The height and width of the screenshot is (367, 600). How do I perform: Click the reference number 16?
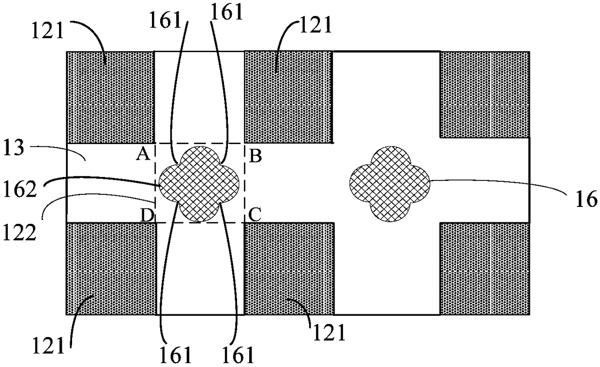587,200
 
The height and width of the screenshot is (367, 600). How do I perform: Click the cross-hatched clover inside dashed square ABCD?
200,183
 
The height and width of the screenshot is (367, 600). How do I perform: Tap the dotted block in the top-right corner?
484,94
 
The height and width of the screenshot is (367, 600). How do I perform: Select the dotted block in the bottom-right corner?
484,268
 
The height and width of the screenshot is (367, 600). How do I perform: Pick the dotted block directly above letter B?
288,97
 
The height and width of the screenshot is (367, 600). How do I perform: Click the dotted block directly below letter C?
289,268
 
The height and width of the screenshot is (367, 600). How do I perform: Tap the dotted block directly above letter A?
110,97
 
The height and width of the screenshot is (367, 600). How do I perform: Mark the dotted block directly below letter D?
111,268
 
